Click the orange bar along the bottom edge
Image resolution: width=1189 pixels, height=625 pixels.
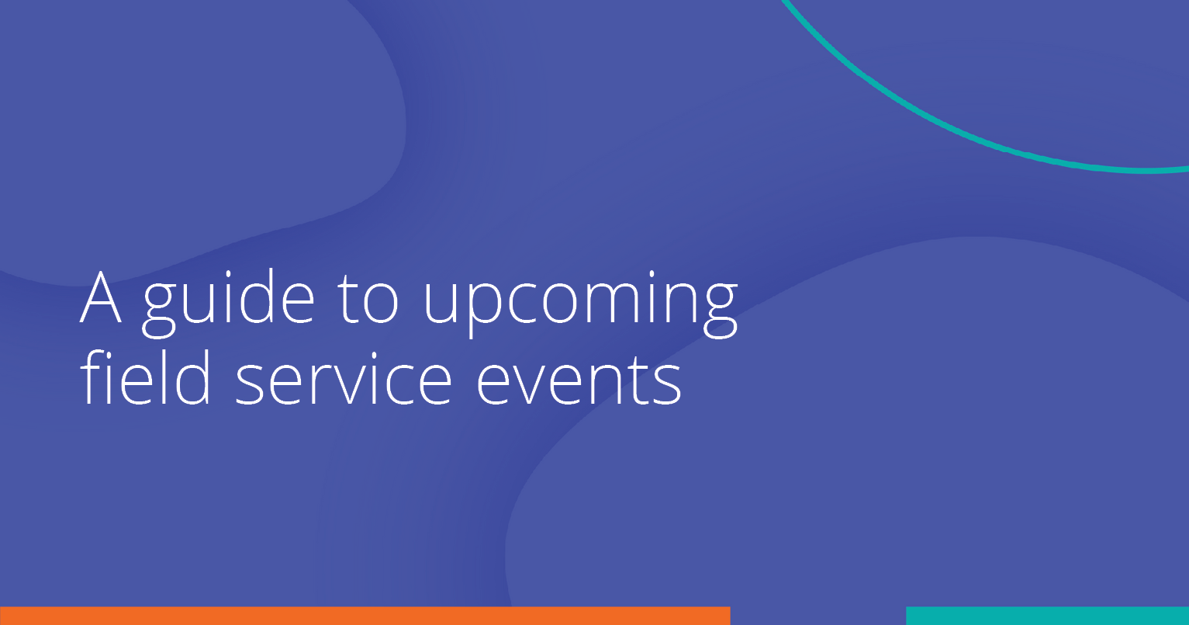365,616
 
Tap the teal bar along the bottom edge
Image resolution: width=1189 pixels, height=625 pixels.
1047,616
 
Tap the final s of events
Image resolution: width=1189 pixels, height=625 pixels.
668,384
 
